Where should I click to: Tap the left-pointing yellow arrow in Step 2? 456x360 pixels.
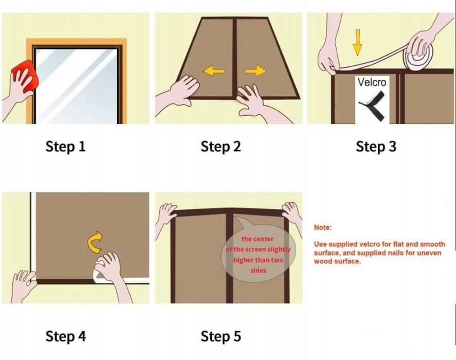tap(214, 71)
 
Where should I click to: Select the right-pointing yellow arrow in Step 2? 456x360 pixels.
tap(256, 71)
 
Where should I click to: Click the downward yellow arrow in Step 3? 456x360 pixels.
tap(357, 42)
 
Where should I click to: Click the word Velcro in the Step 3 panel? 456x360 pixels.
tap(372, 82)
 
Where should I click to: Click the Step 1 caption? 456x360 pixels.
tap(65, 146)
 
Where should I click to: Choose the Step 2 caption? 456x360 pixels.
tap(221, 146)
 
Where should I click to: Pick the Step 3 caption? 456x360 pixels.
tap(376, 146)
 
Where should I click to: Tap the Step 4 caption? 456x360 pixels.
tap(65, 336)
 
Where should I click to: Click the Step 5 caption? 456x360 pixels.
tap(221, 336)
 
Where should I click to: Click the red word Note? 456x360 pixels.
tap(322, 228)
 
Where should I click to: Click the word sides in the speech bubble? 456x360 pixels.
tap(258, 271)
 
